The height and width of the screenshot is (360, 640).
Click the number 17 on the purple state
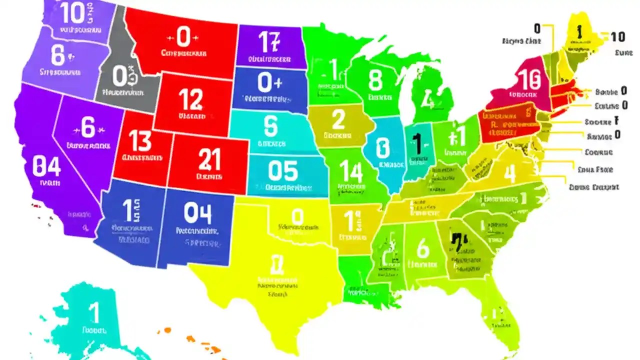[x=268, y=41]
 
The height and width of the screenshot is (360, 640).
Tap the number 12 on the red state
[x=191, y=99]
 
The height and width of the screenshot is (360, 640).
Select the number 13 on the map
[x=140, y=141]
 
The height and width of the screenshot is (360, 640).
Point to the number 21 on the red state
[x=209, y=159]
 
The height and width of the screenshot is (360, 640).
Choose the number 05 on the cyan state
[x=282, y=171]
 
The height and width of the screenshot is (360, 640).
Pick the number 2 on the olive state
[x=338, y=120]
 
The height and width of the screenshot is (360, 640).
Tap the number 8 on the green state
[x=375, y=80]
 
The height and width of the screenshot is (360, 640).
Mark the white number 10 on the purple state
[x=72, y=13]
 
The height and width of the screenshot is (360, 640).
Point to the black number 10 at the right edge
[x=617, y=36]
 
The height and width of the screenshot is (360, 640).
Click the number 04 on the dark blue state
[x=197, y=213]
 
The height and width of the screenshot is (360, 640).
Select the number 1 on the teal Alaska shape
[x=93, y=313]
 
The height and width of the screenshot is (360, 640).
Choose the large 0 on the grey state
[x=120, y=76]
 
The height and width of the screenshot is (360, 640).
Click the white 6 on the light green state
[x=422, y=248]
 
